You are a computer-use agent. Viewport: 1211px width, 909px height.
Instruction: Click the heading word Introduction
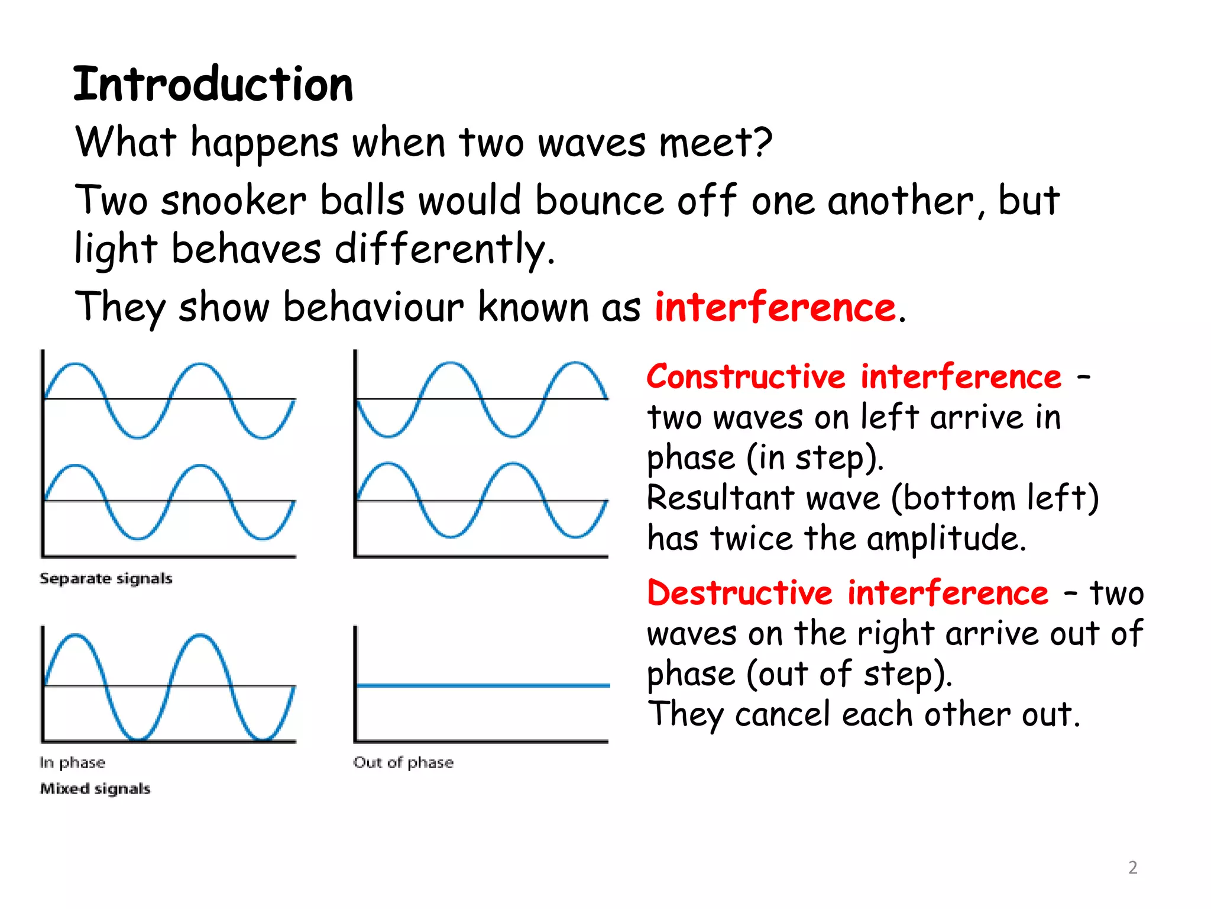(x=213, y=85)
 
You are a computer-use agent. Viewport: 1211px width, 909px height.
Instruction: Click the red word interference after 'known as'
(x=775, y=308)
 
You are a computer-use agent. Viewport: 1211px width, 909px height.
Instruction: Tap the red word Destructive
(x=740, y=593)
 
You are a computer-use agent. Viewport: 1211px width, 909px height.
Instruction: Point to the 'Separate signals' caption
(x=106, y=578)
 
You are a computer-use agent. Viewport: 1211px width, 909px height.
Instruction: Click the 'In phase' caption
(x=72, y=762)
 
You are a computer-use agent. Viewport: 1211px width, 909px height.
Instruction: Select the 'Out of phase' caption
(x=403, y=762)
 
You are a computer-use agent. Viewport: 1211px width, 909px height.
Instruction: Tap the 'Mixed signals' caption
(x=95, y=788)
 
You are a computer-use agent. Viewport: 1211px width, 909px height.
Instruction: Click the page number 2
(x=1132, y=868)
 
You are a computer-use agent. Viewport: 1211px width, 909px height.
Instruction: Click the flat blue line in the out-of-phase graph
(x=483, y=686)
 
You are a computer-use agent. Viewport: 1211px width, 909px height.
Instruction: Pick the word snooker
(x=234, y=201)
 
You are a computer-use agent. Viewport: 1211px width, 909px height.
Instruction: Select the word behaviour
(x=373, y=308)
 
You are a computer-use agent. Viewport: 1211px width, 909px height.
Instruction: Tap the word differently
(x=441, y=249)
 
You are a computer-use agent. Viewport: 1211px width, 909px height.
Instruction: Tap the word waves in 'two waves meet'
(x=592, y=144)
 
